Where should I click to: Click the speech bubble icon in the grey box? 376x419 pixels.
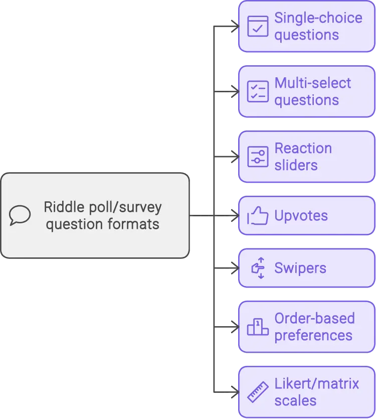[20, 215]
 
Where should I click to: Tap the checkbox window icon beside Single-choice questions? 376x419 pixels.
[258, 26]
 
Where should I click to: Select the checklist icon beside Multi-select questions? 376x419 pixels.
[258, 91]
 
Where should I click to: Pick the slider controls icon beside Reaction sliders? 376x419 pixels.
[258, 157]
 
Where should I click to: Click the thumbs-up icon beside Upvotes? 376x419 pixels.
[258, 216]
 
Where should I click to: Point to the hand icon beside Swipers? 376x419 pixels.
[258, 268]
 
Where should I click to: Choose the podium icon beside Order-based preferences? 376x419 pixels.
[258, 327]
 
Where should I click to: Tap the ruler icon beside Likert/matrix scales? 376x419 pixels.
[258, 392]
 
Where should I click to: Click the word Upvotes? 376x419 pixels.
[301, 216]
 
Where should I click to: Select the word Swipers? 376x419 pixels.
[300, 268]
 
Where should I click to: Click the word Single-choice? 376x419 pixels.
[318, 18]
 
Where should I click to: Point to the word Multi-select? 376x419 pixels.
[312, 83]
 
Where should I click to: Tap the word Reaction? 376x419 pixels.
[303, 149]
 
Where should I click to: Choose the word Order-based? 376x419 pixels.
[314, 319]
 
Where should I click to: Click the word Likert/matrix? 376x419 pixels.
[316, 384]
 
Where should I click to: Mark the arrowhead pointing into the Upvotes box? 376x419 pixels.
[233, 216]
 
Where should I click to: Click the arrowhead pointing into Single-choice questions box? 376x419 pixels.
[233, 26]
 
